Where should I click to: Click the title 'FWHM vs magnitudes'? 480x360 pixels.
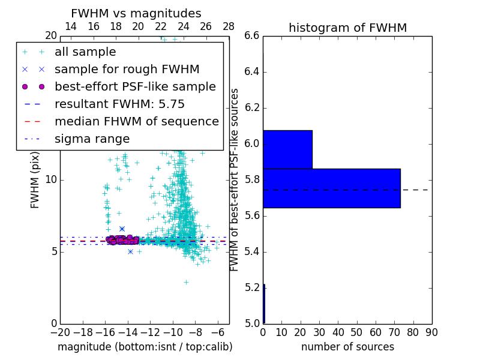pyautogui.click(x=136, y=14)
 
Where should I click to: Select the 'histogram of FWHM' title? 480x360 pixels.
pyautogui.click(x=347, y=28)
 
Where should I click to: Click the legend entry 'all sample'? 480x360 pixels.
pyautogui.click(x=85, y=52)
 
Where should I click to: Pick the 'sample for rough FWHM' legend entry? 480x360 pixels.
pyautogui.click(x=127, y=70)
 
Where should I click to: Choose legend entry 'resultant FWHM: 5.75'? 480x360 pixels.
pyautogui.click(x=119, y=104)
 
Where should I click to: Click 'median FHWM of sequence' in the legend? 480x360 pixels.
pyautogui.click(x=136, y=122)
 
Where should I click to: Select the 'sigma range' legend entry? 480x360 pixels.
pyautogui.click(x=92, y=139)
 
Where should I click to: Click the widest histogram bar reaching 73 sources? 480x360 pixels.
pyautogui.click(x=331, y=188)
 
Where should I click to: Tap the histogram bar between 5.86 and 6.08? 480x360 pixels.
pyautogui.click(x=287, y=149)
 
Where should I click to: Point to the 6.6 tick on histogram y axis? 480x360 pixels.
pyautogui.click(x=252, y=36)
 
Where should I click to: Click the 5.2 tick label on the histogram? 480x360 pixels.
pyautogui.click(x=252, y=288)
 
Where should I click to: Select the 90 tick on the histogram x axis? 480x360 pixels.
pyautogui.click(x=431, y=332)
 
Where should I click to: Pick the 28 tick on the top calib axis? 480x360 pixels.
pyautogui.click(x=229, y=26)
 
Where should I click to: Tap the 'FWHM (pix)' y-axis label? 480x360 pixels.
pyautogui.click(x=35, y=179)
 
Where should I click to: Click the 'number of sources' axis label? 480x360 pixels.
pyautogui.click(x=347, y=347)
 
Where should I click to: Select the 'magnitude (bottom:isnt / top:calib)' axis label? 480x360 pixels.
pyautogui.click(x=145, y=347)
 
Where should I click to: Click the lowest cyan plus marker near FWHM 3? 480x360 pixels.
pyautogui.click(x=186, y=281)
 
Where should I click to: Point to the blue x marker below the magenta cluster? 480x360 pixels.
pyautogui.click(x=130, y=251)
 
